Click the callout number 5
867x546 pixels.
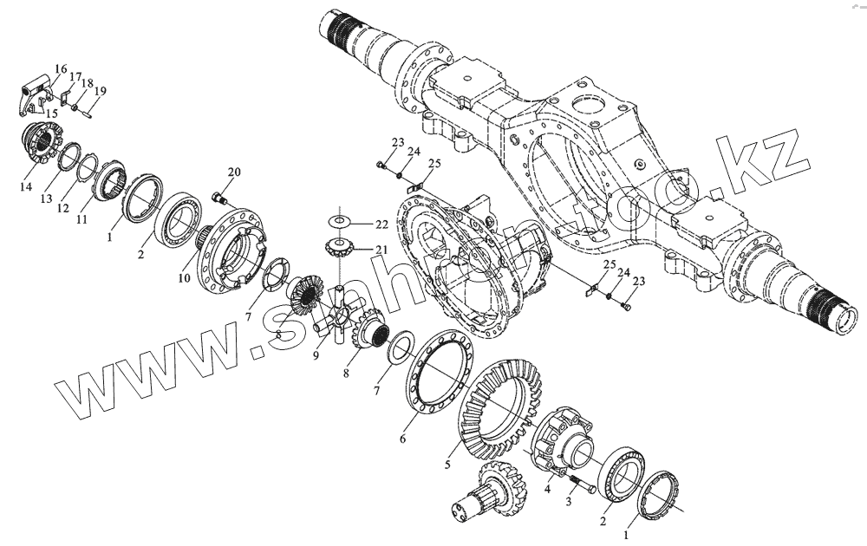tap(447, 465)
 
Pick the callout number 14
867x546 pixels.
tap(26, 187)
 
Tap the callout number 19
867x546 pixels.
tap(101, 91)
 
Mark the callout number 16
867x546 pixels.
tap(61, 69)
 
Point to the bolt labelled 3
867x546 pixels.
tap(580, 486)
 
